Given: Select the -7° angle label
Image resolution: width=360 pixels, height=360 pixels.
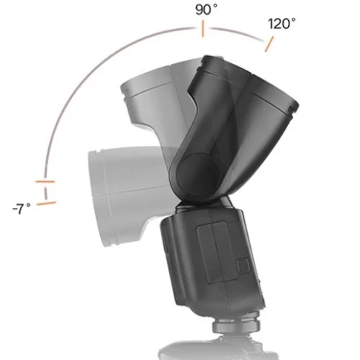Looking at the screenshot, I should pos(21,210).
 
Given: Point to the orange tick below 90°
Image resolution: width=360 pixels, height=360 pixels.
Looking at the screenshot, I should pos(201,30).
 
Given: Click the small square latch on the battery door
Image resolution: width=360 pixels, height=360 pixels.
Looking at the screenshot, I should pos(241,264).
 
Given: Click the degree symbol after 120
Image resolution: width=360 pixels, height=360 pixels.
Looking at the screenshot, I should pos(295,19).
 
